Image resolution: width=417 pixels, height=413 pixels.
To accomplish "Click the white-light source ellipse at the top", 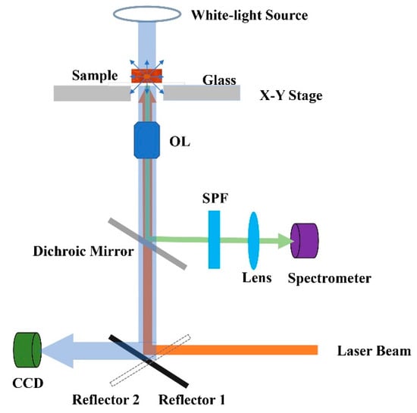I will tap(146, 14).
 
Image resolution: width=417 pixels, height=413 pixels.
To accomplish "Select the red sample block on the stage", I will tap(146, 75).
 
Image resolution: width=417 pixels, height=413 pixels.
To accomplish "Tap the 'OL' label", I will tap(179, 139).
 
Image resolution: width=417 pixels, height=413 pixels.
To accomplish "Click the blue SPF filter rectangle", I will tap(214, 239).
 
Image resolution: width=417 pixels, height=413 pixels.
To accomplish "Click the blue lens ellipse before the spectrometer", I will tap(253, 239).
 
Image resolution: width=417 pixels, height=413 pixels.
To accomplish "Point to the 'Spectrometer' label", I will tap(329, 278).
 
